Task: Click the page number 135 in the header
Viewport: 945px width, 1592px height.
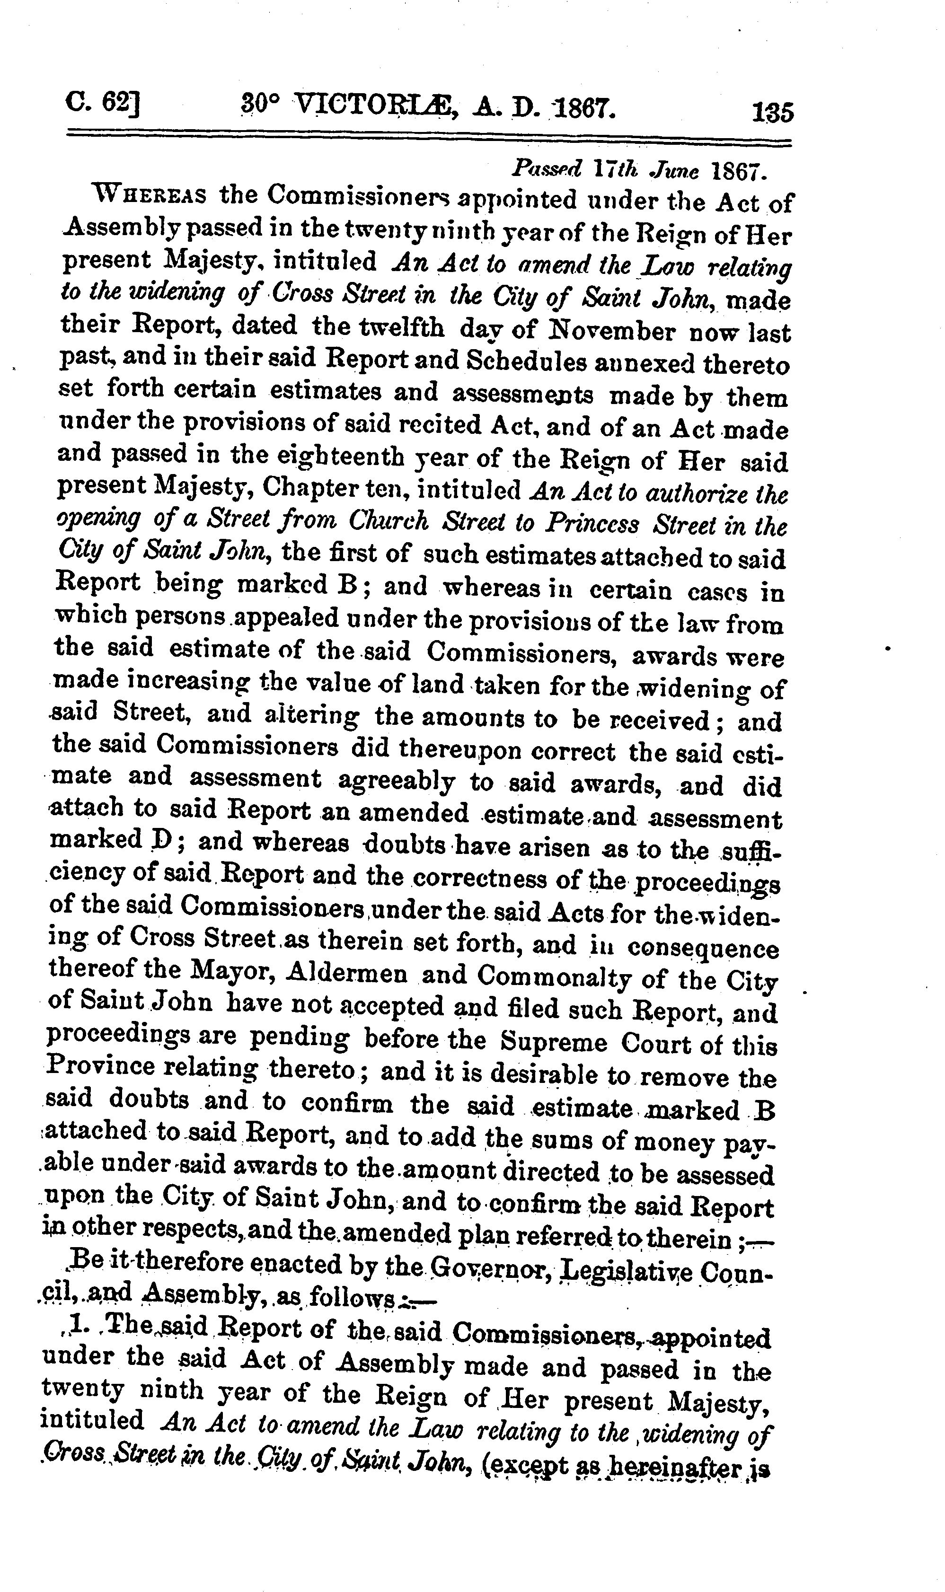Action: point(772,113)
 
